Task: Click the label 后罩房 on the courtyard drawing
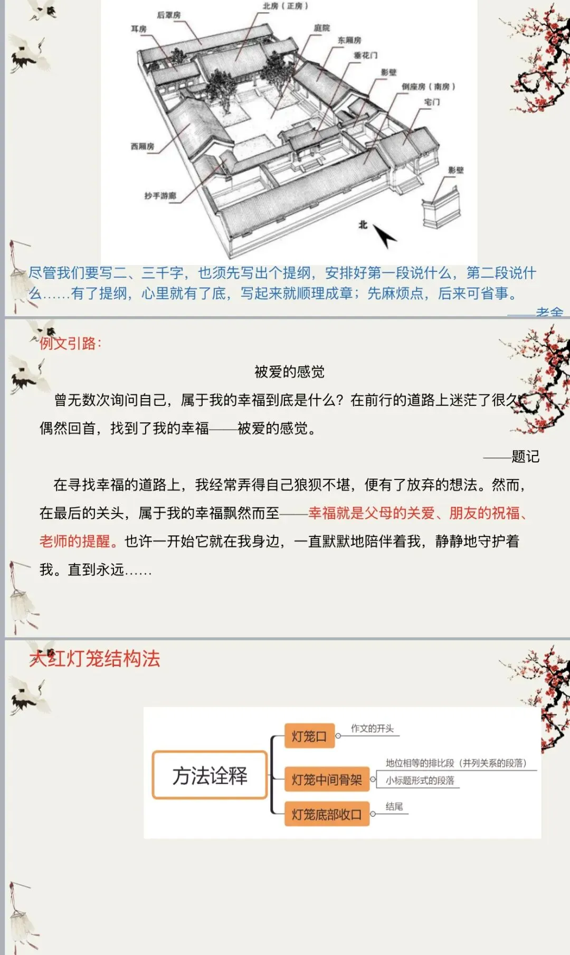169,15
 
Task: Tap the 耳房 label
139,29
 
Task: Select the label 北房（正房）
286,6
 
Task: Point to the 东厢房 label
349,40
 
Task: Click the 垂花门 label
365,55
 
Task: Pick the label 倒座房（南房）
428,87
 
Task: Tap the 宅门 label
432,102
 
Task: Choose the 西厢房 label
142,146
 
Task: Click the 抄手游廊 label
160,196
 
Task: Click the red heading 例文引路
70,344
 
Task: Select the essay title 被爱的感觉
289,372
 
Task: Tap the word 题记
525,457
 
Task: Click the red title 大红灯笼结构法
95,659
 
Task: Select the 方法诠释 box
210,776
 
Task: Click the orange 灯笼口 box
309,736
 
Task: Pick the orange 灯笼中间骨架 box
327,780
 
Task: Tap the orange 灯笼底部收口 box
327,815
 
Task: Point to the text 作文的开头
372,729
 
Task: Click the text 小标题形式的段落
420,780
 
